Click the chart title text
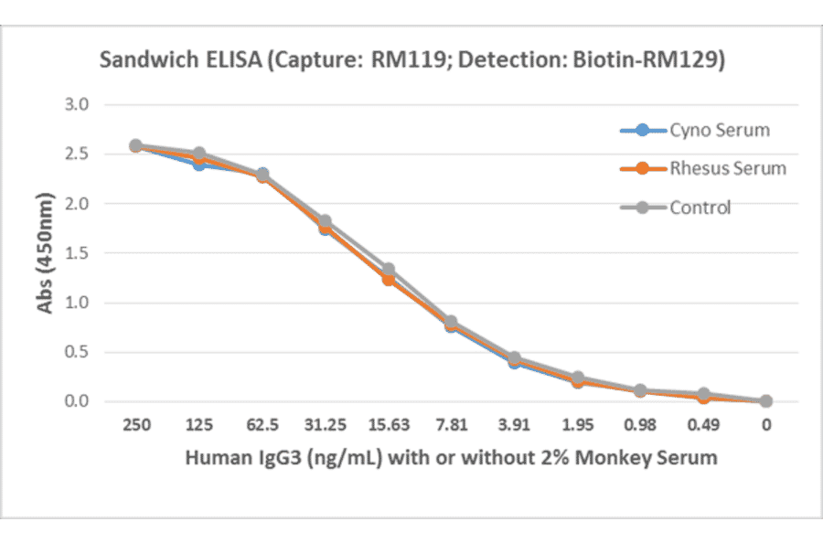click(411, 60)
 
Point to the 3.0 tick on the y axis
click(77, 104)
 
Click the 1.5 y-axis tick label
click(77, 253)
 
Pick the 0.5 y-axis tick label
click(77, 352)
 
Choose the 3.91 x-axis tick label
click(514, 425)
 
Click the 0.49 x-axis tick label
click(703, 425)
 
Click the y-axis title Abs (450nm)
click(45, 252)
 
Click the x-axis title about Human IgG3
click(451, 457)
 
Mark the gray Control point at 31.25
click(325, 221)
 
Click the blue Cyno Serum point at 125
click(198, 165)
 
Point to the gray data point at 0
click(766, 400)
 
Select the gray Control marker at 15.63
click(388, 270)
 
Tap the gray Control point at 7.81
click(451, 322)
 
